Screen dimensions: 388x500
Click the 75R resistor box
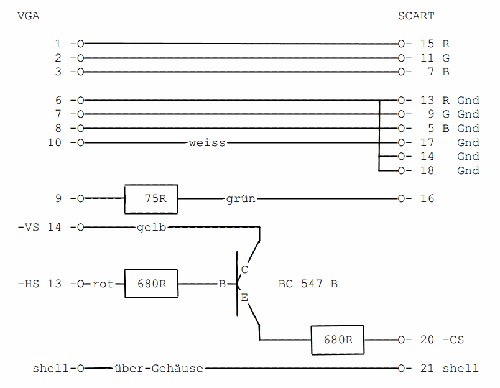pyautogui.click(x=151, y=199)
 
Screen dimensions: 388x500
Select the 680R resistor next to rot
pyautogui.click(x=151, y=284)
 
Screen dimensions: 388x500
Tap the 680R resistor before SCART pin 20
pyautogui.click(x=338, y=340)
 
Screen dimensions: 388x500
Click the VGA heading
pyautogui.click(x=29, y=16)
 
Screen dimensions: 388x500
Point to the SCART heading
pyautogui.click(x=416, y=16)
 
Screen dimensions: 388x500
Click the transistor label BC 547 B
pyautogui.click(x=308, y=284)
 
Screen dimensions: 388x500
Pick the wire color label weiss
pyautogui.click(x=207, y=143)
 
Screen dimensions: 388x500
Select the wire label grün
pyautogui.click(x=241, y=199)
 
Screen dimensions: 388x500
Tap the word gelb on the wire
pyautogui.click(x=151, y=228)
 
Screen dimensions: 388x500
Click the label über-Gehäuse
pyautogui.click(x=159, y=369)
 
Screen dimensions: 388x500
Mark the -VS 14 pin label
pyautogui.click(x=40, y=228)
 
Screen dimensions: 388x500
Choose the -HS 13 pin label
pyautogui.click(x=40, y=284)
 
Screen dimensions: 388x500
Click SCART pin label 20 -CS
pyautogui.click(x=442, y=340)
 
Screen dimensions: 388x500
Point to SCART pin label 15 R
pyautogui.click(x=435, y=44)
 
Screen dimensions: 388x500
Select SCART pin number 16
pyautogui.click(x=427, y=199)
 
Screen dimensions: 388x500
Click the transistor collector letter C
pyautogui.click(x=244, y=270)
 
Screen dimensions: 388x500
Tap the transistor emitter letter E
pyautogui.click(x=244, y=298)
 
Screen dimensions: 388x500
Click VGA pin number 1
pyautogui.click(x=58, y=44)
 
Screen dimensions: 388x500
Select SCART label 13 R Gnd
pyautogui.click(x=449, y=100)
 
